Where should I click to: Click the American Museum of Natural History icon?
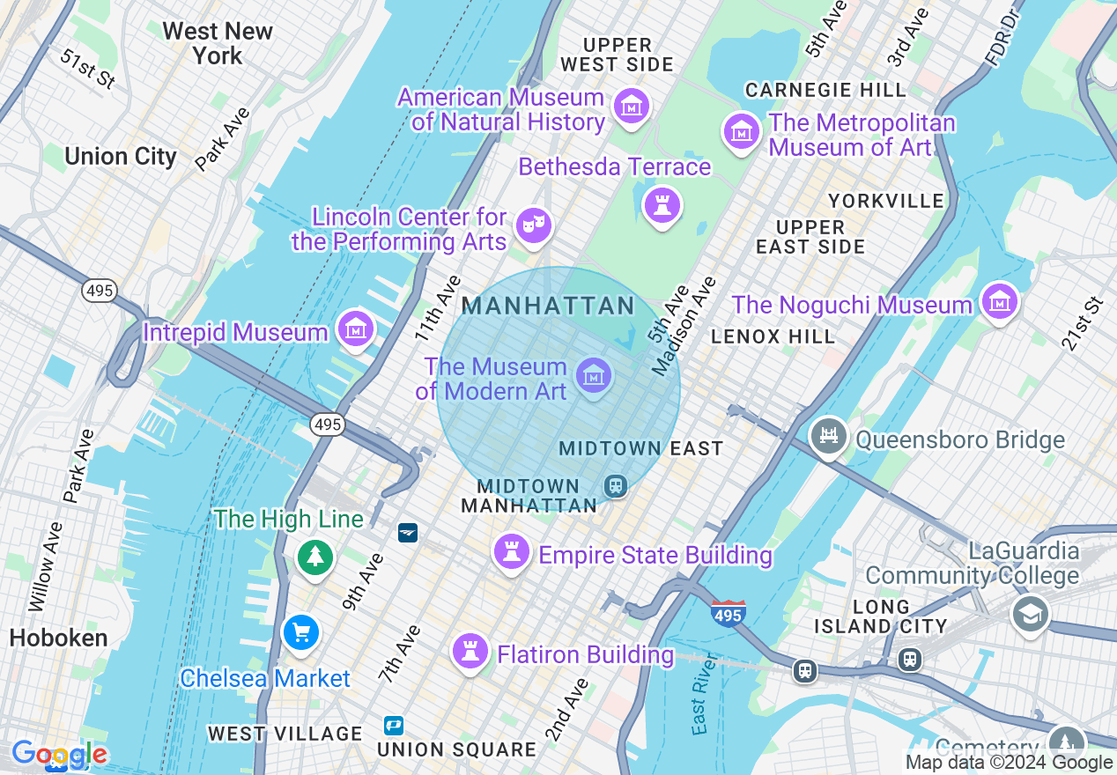coord(631,106)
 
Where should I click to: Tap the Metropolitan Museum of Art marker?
coord(741,132)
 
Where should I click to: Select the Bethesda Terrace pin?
coord(662,206)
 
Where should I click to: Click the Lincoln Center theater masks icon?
coord(533,225)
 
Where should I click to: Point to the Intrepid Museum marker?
coord(355,329)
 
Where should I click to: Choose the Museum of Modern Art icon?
coord(594,376)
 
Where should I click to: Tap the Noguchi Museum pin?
coord(999,303)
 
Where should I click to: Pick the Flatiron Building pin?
coord(470,652)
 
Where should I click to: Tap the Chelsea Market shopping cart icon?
coord(301,633)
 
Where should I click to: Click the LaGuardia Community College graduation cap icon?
coord(1030,613)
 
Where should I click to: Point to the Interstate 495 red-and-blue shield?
coord(728,612)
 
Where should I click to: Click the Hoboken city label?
coord(58,638)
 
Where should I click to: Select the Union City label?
coord(121,157)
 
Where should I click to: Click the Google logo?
coord(59,754)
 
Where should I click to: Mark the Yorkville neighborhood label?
coord(885,201)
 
